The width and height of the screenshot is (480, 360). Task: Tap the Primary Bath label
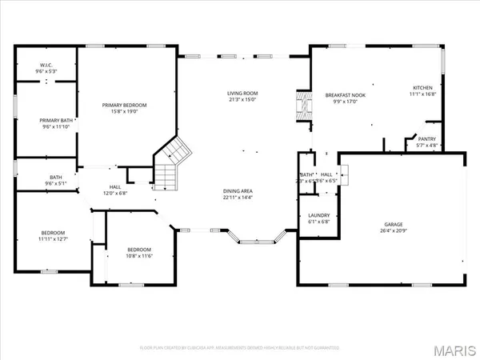pos(46,120)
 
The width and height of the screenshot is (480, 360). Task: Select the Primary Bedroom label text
pos(126,105)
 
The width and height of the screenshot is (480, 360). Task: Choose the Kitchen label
pos(422,87)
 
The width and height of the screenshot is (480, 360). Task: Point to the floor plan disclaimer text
pos(240,348)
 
